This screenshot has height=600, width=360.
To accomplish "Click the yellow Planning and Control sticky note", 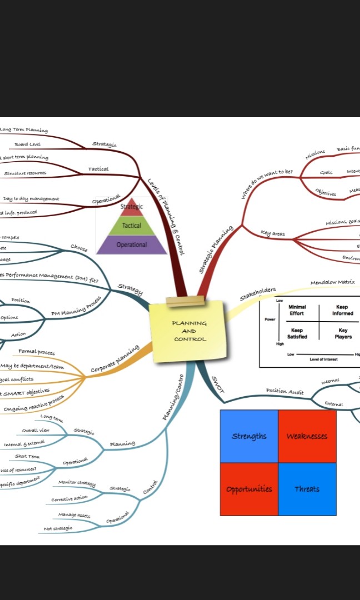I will (x=189, y=331).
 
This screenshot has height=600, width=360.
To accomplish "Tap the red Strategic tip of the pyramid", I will (x=132, y=207).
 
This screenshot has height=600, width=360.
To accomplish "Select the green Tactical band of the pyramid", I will (x=132, y=226).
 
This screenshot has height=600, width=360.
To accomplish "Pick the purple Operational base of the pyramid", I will (x=132, y=244).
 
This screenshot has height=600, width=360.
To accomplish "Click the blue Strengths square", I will (x=249, y=436).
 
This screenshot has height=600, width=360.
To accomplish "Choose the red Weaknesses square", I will (x=307, y=436).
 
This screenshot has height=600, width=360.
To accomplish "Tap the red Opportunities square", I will (x=249, y=489).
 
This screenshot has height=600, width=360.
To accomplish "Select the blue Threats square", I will (x=307, y=489).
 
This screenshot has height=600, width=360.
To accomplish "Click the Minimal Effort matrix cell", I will (x=297, y=310).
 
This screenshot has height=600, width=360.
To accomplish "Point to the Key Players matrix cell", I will (x=343, y=333).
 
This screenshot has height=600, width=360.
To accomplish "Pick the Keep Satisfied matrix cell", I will (x=297, y=333).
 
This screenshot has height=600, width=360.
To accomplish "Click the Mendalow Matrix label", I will (x=332, y=282).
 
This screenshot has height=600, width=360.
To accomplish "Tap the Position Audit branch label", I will (x=284, y=391).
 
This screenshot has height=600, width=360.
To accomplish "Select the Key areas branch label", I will (x=273, y=234).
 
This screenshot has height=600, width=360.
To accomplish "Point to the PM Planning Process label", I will (x=76, y=306).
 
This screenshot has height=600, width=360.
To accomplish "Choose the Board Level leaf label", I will (x=27, y=144).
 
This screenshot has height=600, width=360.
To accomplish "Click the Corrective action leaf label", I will (x=69, y=498).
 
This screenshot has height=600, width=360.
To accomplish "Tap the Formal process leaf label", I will (x=37, y=352).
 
